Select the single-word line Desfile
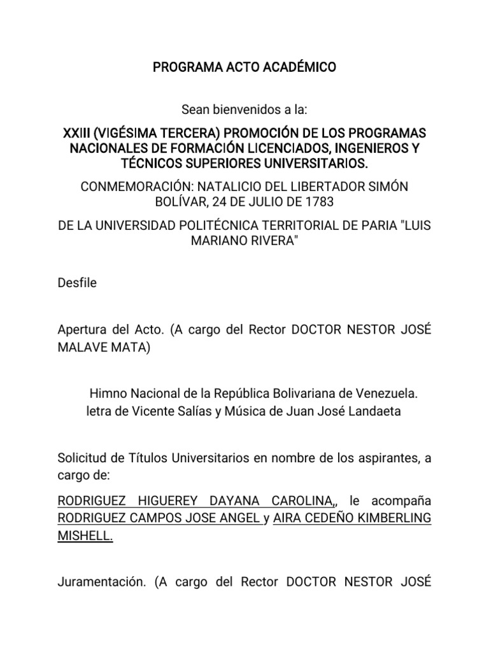click(x=77, y=282)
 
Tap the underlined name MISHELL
click(x=85, y=536)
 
